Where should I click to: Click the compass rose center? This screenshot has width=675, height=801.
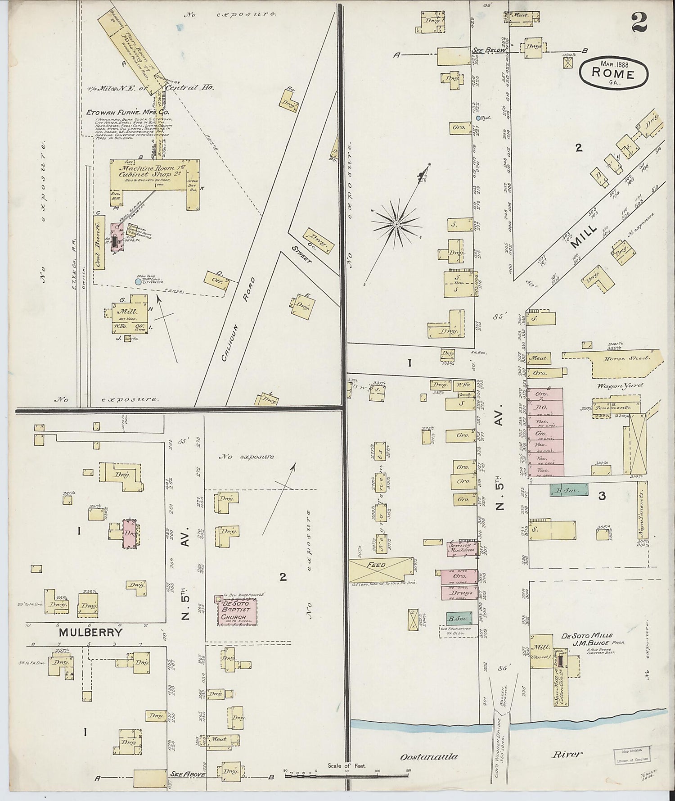396,224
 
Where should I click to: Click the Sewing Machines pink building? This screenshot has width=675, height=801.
462,548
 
